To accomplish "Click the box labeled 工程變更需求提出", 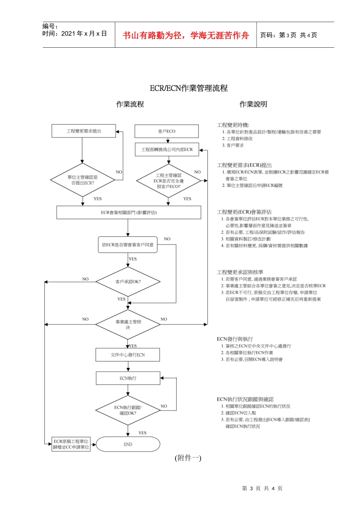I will click(x=84, y=131).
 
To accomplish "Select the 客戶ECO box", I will click(x=166, y=131).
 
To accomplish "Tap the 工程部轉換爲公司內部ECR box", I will click(x=167, y=150).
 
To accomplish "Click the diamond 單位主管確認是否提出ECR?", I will click(x=83, y=180).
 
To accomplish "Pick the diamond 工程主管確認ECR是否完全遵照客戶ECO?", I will click(x=168, y=181).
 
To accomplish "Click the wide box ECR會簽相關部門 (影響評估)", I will click(x=128, y=212).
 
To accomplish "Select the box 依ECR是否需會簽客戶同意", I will click(x=128, y=245).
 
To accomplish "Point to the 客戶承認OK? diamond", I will click(x=128, y=281).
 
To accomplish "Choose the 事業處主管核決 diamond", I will click(x=128, y=324).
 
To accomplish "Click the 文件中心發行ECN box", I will click(x=128, y=355).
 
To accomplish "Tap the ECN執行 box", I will click(x=128, y=378).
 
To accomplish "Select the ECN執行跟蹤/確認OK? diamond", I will click(x=128, y=410).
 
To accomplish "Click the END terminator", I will click(x=128, y=444).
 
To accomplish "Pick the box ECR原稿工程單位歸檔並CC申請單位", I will click(x=71, y=444).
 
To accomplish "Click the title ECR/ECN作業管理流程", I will click(x=188, y=88).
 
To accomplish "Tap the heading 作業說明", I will click(x=253, y=104).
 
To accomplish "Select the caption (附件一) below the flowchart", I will click(x=188, y=458).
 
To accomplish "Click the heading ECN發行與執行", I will click(x=235, y=339).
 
